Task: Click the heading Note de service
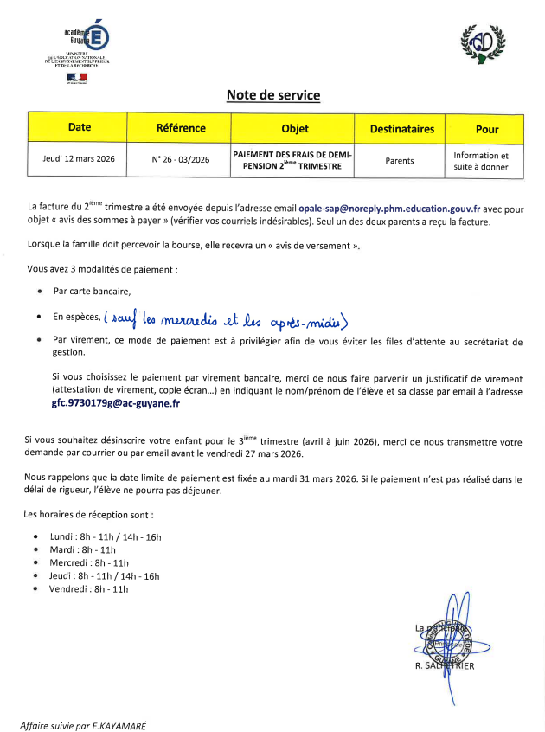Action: click(x=272, y=95)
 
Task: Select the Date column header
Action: click(x=79, y=128)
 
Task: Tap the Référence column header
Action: click(x=181, y=128)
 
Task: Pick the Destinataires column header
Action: click(x=401, y=129)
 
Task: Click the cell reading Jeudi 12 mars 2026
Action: click(x=79, y=159)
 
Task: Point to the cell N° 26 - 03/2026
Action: click(x=181, y=159)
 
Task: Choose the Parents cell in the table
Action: click(x=400, y=160)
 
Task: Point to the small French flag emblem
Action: click(x=77, y=77)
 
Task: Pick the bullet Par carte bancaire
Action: click(x=92, y=292)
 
